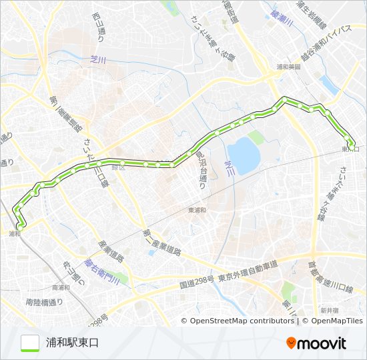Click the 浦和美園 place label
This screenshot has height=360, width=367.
coord(288,67)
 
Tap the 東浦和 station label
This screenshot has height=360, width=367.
coord(198,209)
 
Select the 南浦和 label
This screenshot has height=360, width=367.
coord(59,288)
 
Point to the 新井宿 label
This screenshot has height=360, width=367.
coord(329,310)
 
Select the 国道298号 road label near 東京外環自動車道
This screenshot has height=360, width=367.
coord(197,283)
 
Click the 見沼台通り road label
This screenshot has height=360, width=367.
coord(201,167)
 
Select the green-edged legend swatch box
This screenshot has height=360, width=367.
coord(30,343)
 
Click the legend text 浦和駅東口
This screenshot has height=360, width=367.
coord(72,343)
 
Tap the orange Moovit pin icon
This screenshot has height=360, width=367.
coord(292,343)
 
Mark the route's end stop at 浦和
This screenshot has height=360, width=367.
coord(21,225)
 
